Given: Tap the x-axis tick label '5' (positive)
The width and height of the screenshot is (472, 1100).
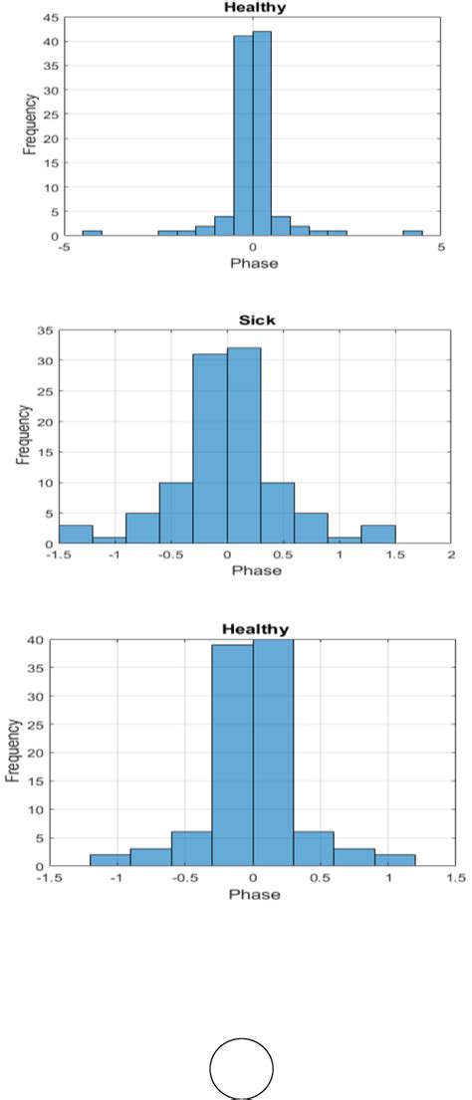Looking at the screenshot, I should point(440,248).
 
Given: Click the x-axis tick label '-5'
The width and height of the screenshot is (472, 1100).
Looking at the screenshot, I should point(62,248).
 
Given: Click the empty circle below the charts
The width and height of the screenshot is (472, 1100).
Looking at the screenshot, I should point(241,1067).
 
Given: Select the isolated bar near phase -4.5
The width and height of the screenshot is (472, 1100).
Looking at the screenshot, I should point(92,233).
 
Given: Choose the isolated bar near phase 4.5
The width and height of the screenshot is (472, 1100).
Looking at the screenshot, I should point(412,233).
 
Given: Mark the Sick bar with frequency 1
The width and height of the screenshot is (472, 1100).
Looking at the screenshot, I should point(110,541).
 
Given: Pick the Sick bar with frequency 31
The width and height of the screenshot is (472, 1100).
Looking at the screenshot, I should point(210,449).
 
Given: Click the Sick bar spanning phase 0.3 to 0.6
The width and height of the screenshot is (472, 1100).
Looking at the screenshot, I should point(278,514).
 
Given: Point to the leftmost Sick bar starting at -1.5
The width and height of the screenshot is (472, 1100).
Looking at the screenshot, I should point(76,535).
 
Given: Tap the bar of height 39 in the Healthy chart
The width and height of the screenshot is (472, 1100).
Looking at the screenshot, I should point(232,756).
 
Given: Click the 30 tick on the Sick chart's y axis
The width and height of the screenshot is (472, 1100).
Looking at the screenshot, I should point(47,360).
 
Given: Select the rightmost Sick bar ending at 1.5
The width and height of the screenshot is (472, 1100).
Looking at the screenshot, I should point(378,535).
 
